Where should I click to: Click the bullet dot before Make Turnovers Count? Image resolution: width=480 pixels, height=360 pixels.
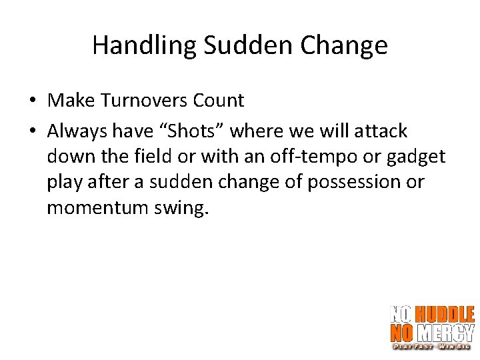click(32, 101)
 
